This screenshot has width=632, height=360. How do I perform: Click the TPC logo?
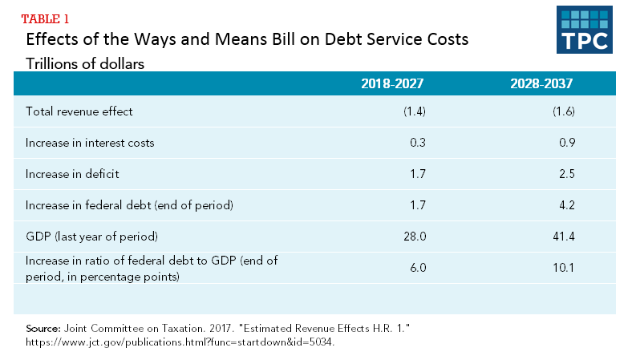[x=584, y=29]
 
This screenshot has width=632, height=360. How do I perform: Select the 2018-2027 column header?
[x=392, y=83]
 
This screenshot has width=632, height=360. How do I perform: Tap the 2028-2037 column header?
[x=542, y=83]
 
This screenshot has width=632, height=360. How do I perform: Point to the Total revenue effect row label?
[x=79, y=111]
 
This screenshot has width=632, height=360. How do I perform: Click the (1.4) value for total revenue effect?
[x=414, y=111]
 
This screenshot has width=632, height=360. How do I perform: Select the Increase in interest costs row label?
[x=90, y=143]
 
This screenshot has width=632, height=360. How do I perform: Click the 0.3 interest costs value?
[x=417, y=143]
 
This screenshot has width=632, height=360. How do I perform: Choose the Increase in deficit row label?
[x=72, y=174]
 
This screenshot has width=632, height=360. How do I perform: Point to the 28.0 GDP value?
[x=415, y=236]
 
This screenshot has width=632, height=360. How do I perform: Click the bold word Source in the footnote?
[x=43, y=330]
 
